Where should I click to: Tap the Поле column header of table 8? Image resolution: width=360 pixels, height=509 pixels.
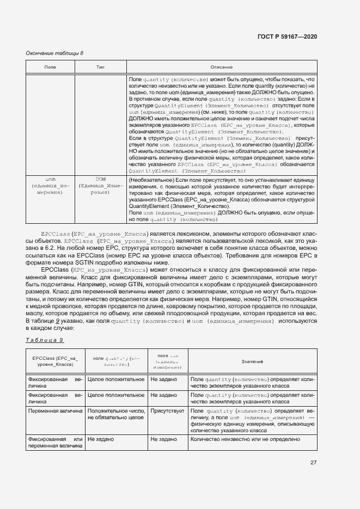coord(50,66)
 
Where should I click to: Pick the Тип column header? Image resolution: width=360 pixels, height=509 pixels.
coord(100,66)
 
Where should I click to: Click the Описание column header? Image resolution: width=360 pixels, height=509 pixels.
coord(222,66)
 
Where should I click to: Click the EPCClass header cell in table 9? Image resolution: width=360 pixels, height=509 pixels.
coord(55,361)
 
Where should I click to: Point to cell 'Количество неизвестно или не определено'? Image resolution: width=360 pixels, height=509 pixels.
coord(246,438)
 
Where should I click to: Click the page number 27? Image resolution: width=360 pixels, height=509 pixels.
coord(313,463)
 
